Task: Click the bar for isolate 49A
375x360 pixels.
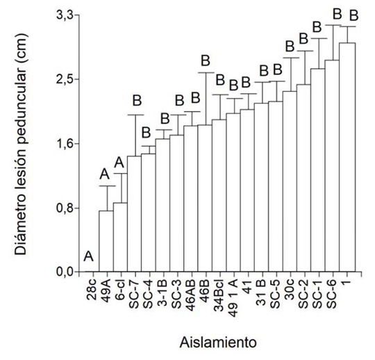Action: coord(106,241)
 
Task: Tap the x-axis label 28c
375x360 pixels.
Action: coord(93,288)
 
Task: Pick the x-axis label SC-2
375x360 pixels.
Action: coord(303,290)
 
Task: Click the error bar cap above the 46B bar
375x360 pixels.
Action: coord(205,72)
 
